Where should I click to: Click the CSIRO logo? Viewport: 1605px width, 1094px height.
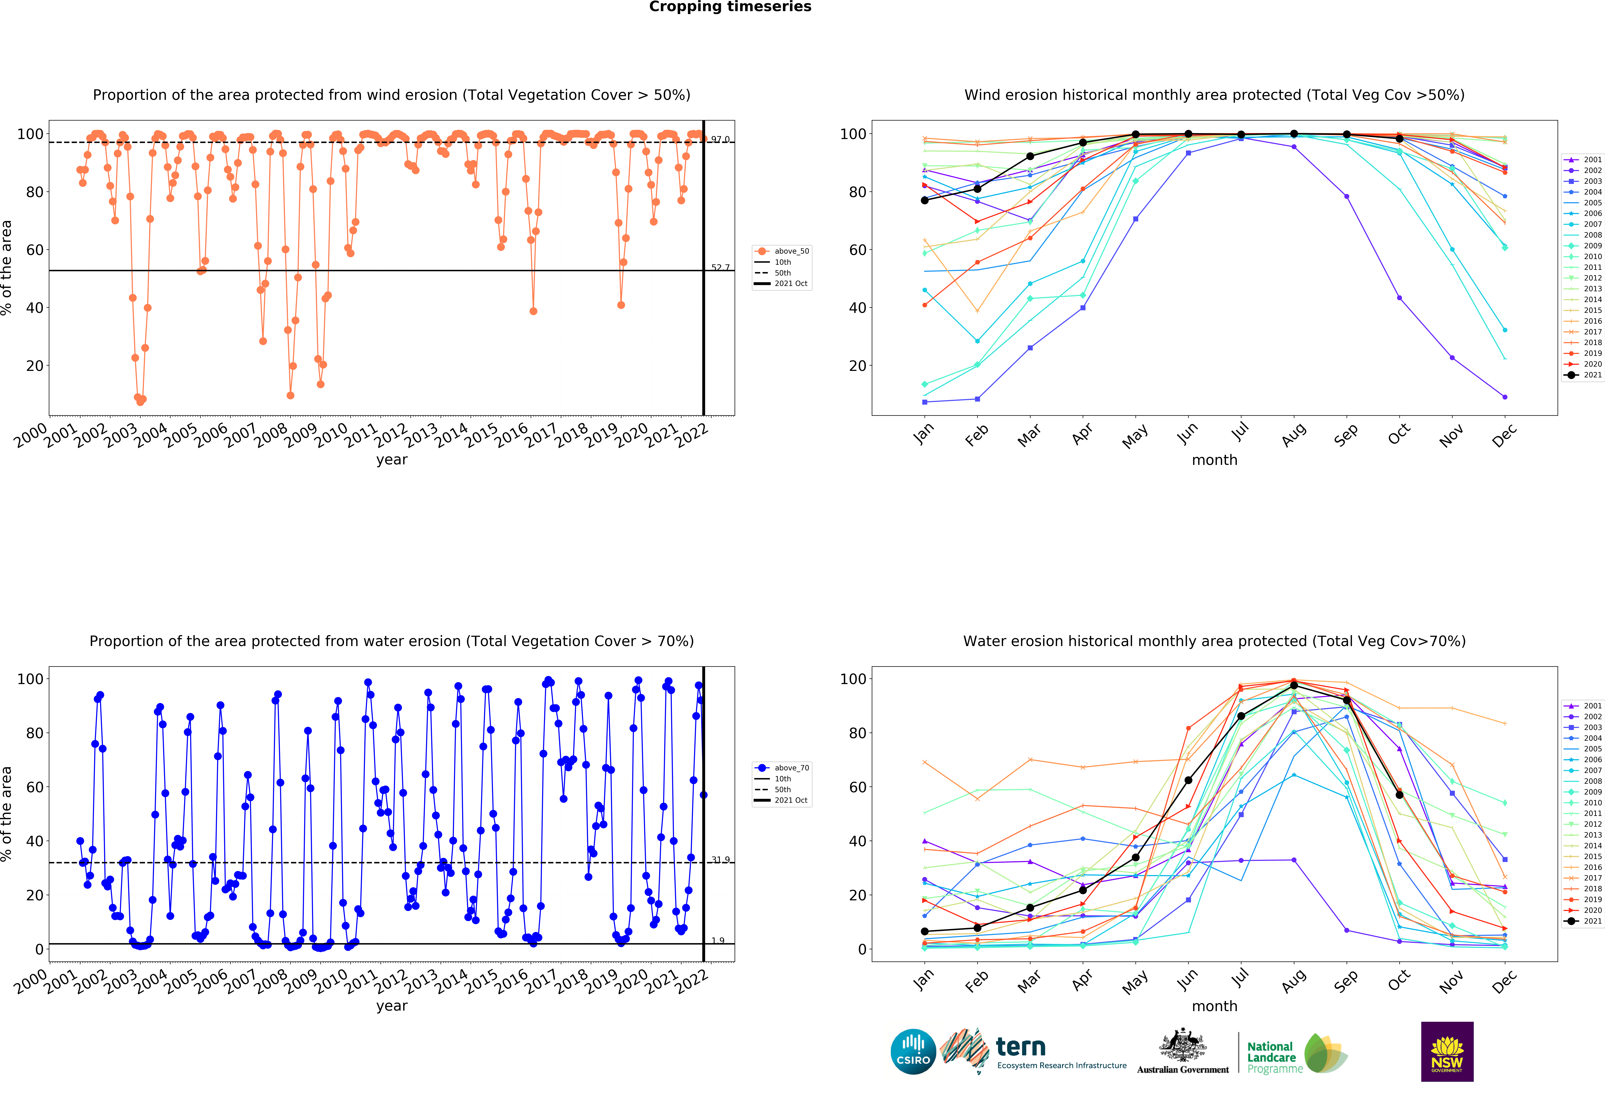[913, 1052]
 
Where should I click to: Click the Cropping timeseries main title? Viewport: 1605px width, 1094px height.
[730, 7]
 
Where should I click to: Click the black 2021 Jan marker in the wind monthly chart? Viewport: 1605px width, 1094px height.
[925, 200]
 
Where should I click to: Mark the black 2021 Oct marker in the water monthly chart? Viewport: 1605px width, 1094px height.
[1399, 795]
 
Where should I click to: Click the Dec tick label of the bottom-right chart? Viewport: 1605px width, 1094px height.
[1503, 981]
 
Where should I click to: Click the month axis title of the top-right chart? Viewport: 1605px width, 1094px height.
[1214, 460]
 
